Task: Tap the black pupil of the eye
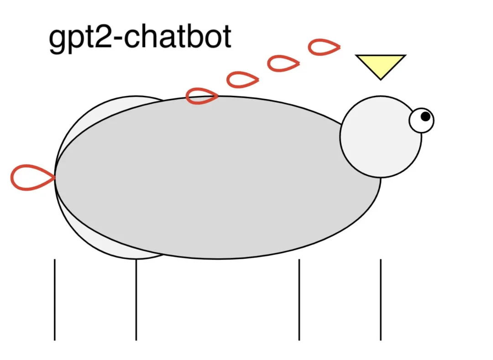click(x=425, y=116)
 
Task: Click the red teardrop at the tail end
click(x=30, y=177)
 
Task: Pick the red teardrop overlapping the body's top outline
click(x=201, y=96)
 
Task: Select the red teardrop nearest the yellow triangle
click(x=324, y=47)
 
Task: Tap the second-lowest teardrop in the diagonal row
click(x=242, y=80)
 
